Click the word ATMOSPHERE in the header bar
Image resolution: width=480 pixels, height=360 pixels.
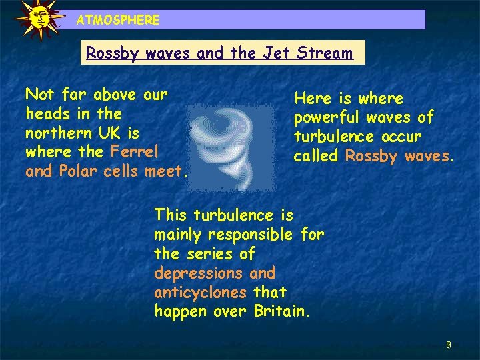pos(118,20)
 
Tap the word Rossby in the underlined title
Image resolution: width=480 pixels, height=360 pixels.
pos(109,53)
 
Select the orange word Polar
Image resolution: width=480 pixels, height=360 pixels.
pos(78,171)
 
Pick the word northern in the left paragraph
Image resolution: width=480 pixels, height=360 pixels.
pos(53,133)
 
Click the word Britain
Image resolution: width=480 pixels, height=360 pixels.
pos(280,311)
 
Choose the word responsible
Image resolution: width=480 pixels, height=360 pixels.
pos(250,235)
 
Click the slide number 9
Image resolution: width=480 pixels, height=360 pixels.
pos(449,345)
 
